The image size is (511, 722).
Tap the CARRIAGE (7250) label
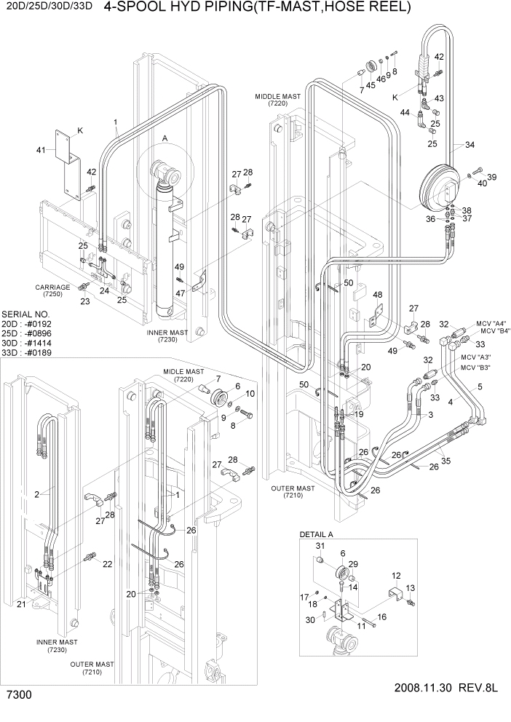pyautogui.click(x=52, y=291)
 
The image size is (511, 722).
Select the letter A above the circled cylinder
pyautogui.click(x=165, y=138)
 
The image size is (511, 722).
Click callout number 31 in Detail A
pyautogui.click(x=318, y=547)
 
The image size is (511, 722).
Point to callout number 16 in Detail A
pyautogui.click(x=381, y=616)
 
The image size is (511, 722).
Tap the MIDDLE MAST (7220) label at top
pyautogui.click(x=272, y=100)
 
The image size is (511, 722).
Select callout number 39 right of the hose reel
pyautogui.click(x=492, y=177)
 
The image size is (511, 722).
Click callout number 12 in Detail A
pyautogui.click(x=397, y=575)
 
